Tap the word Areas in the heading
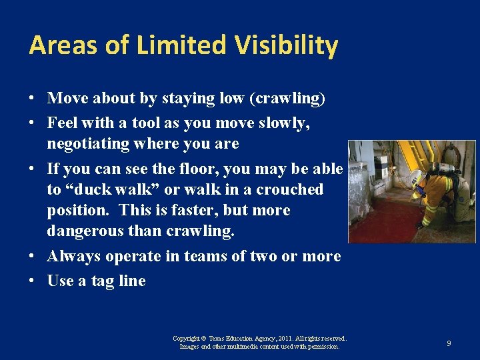(61, 46)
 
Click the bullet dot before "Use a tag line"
(33, 281)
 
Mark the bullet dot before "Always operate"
(33, 257)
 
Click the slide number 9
(449, 343)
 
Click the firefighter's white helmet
(416, 177)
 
